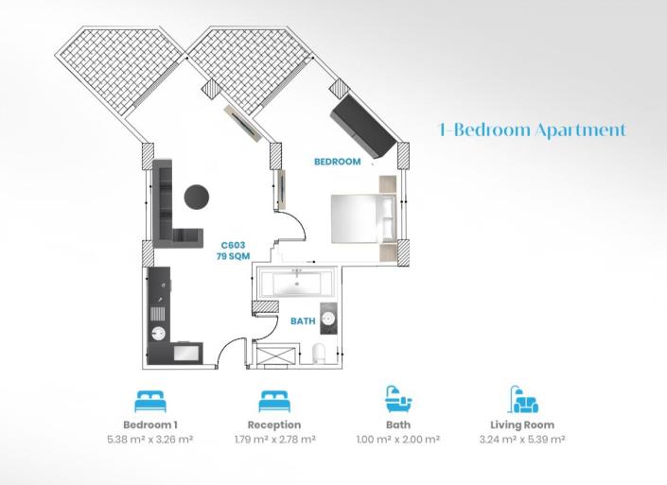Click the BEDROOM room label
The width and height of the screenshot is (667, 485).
pyautogui.click(x=338, y=162)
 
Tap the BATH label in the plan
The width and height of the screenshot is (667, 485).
pyautogui.click(x=303, y=320)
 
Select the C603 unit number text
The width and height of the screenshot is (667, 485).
pyautogui.click(x=233, y=245)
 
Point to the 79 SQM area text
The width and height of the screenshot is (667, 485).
pyautogui.click(x=233, y=256)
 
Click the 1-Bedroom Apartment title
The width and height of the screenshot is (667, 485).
pyautogui.click(x=533, y=130)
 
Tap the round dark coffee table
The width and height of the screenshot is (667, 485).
pyautogui.click(x=197, y=198)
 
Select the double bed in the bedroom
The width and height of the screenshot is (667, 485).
pyautogui.click(x=363, y=219)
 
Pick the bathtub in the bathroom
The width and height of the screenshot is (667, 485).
pyautogui.click(x=296, y=283)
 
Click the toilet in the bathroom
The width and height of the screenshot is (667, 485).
pyautogui.click(x=319, y=354)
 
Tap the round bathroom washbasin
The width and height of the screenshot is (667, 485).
pyautogui.click(x=329, y=319)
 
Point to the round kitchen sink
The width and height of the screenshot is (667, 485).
pyautogui.click(x=159, y=333)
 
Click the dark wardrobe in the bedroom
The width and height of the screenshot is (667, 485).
pyautogui.click(x=364, y=126)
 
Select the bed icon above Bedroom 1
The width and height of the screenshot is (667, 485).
pyautogui.click(x=150, y=401)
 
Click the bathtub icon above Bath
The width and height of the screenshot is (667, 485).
pyautogui.click(x=398, y=399)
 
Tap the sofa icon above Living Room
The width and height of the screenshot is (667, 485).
pyautogui.click(x=523, y=399)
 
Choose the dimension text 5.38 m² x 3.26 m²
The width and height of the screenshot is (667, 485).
pyautogui.click(x=150, y=439)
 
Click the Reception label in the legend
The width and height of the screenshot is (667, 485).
pyautogui.click(x=274, y=424)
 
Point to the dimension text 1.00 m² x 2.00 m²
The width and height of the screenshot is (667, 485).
pyautogui.click(x=398, y=439)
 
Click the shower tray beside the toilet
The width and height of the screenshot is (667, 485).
pyautogui.click(x=276, y=355)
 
